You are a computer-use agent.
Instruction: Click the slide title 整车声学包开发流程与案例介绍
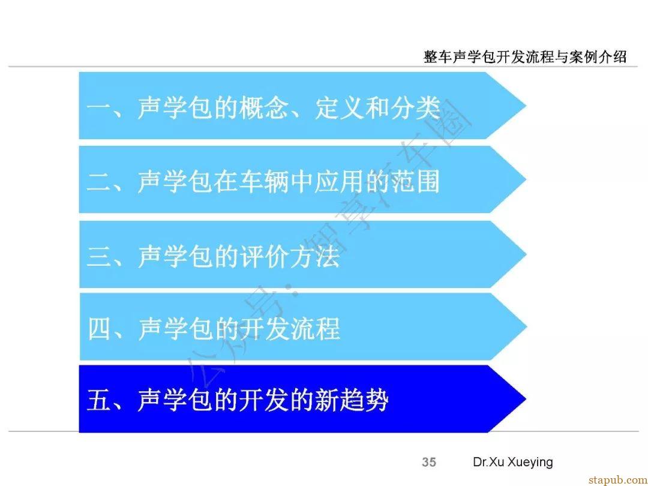[525, 56]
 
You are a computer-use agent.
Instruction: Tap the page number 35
[429, 462]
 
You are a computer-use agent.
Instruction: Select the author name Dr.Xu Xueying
[513, 462]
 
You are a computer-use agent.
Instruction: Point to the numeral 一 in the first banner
[98, 108]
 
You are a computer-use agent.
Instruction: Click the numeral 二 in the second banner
[98, 182]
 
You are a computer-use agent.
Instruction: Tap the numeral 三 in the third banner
[98, 256]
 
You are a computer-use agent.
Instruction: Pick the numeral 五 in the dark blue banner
[98, 400]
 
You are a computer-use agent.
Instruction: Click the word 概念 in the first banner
[263, 108]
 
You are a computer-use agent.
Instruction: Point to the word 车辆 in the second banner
[263, 182]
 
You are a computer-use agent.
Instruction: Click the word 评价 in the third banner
[263, 256]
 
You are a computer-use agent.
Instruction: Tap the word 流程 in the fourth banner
[315, 329]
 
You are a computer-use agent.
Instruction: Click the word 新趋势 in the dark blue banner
[352, 400]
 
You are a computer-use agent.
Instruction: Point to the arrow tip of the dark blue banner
[526, 399]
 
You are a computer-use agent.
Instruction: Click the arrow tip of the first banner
[526, 106]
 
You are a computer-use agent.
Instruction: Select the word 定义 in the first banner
[340, 108]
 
